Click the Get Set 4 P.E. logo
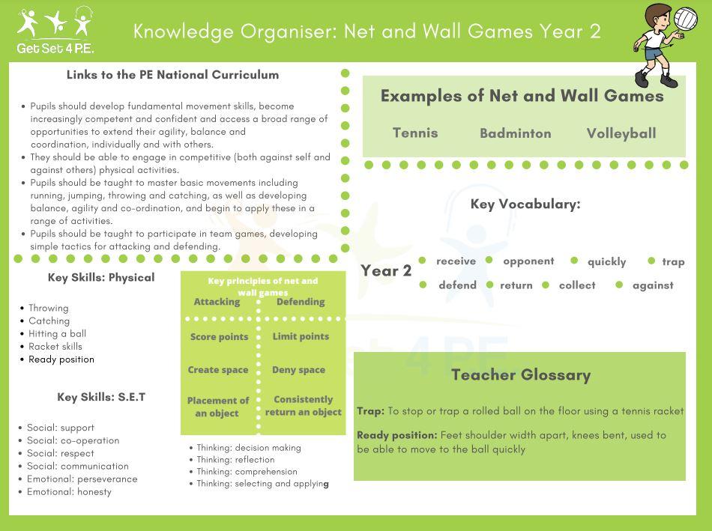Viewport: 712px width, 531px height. click(x=55, y=31)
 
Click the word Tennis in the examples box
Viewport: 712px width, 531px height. click(x=415, y=133)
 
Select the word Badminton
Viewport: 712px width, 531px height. click(x=515, y=133)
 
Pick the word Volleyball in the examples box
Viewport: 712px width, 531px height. click(x=621, y=133)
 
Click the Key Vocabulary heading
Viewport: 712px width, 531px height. click(x=525, y=204)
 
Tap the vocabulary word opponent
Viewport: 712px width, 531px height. click(x=528, y=261)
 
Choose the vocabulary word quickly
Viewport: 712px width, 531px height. click(x=606, y=261)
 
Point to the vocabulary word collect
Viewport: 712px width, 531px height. click(x=577, y=285)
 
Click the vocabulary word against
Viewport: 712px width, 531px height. click(x=653, y=285)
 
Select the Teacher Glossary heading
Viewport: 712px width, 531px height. click(x=521, y=375)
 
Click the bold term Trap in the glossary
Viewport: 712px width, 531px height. click(x=370, y=411)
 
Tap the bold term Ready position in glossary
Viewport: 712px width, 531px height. click(x=396, y=434)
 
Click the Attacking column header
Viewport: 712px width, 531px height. click(x=217, y=302)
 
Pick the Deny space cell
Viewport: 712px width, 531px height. click(x=298, y=370)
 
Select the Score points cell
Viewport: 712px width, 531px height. click(x=219, y=337)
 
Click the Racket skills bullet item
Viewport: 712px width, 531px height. click(x=55, y=346)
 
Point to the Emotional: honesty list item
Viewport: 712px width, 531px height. click(x=69, y=491)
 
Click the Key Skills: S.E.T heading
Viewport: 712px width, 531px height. click(x=101, y=397)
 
